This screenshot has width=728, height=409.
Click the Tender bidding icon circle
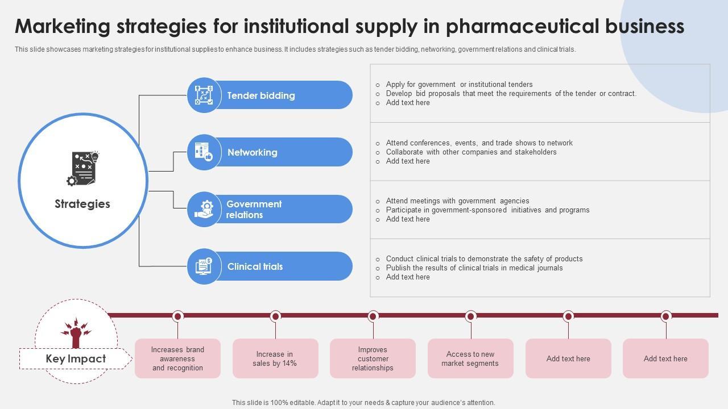(x=204, y=95)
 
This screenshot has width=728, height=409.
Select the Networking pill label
(x=253, y=152)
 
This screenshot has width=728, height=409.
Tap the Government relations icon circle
(x=204, y=209)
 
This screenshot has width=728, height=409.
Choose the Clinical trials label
(x=255, y=266)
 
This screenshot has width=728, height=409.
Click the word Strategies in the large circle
(x=82, y=204)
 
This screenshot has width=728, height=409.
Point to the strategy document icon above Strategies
(x=83, y=168)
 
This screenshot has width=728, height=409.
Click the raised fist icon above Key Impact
(x=76, y=332)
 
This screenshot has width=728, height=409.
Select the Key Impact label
(x=76, y=359)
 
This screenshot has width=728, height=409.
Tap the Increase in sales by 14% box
(x=275, y=358)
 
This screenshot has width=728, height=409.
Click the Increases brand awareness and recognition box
(x=177, y=358)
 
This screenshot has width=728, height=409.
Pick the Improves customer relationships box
(x=373, y=358)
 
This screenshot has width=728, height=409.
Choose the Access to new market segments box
(x=470, y=358)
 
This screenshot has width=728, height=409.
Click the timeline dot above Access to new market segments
(x=470, y=316)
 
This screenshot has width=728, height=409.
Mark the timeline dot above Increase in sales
(x=275, y=316)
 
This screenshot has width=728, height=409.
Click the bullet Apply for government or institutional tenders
(x=459, y=85)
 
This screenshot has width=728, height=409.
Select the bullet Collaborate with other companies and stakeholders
(x=471, y=152)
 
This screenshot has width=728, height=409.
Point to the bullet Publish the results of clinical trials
(x=474, y=268)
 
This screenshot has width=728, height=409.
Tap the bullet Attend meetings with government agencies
(x=457, y=201)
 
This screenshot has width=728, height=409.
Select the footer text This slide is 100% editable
(x=363, y=403)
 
